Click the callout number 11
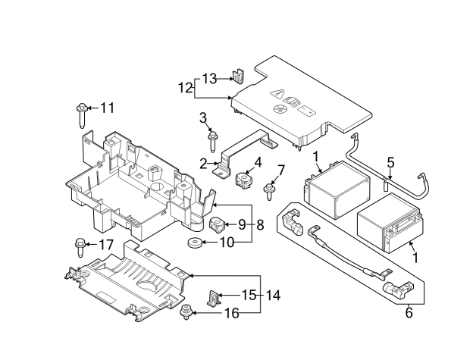[107, 108]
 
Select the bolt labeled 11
[81, 115]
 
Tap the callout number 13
[209, 79]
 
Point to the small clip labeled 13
[238, 77]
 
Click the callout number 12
[186, 89]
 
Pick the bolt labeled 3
[213, 141]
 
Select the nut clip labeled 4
[243, 180]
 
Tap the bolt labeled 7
[268, 192]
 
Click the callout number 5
[390, 163]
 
